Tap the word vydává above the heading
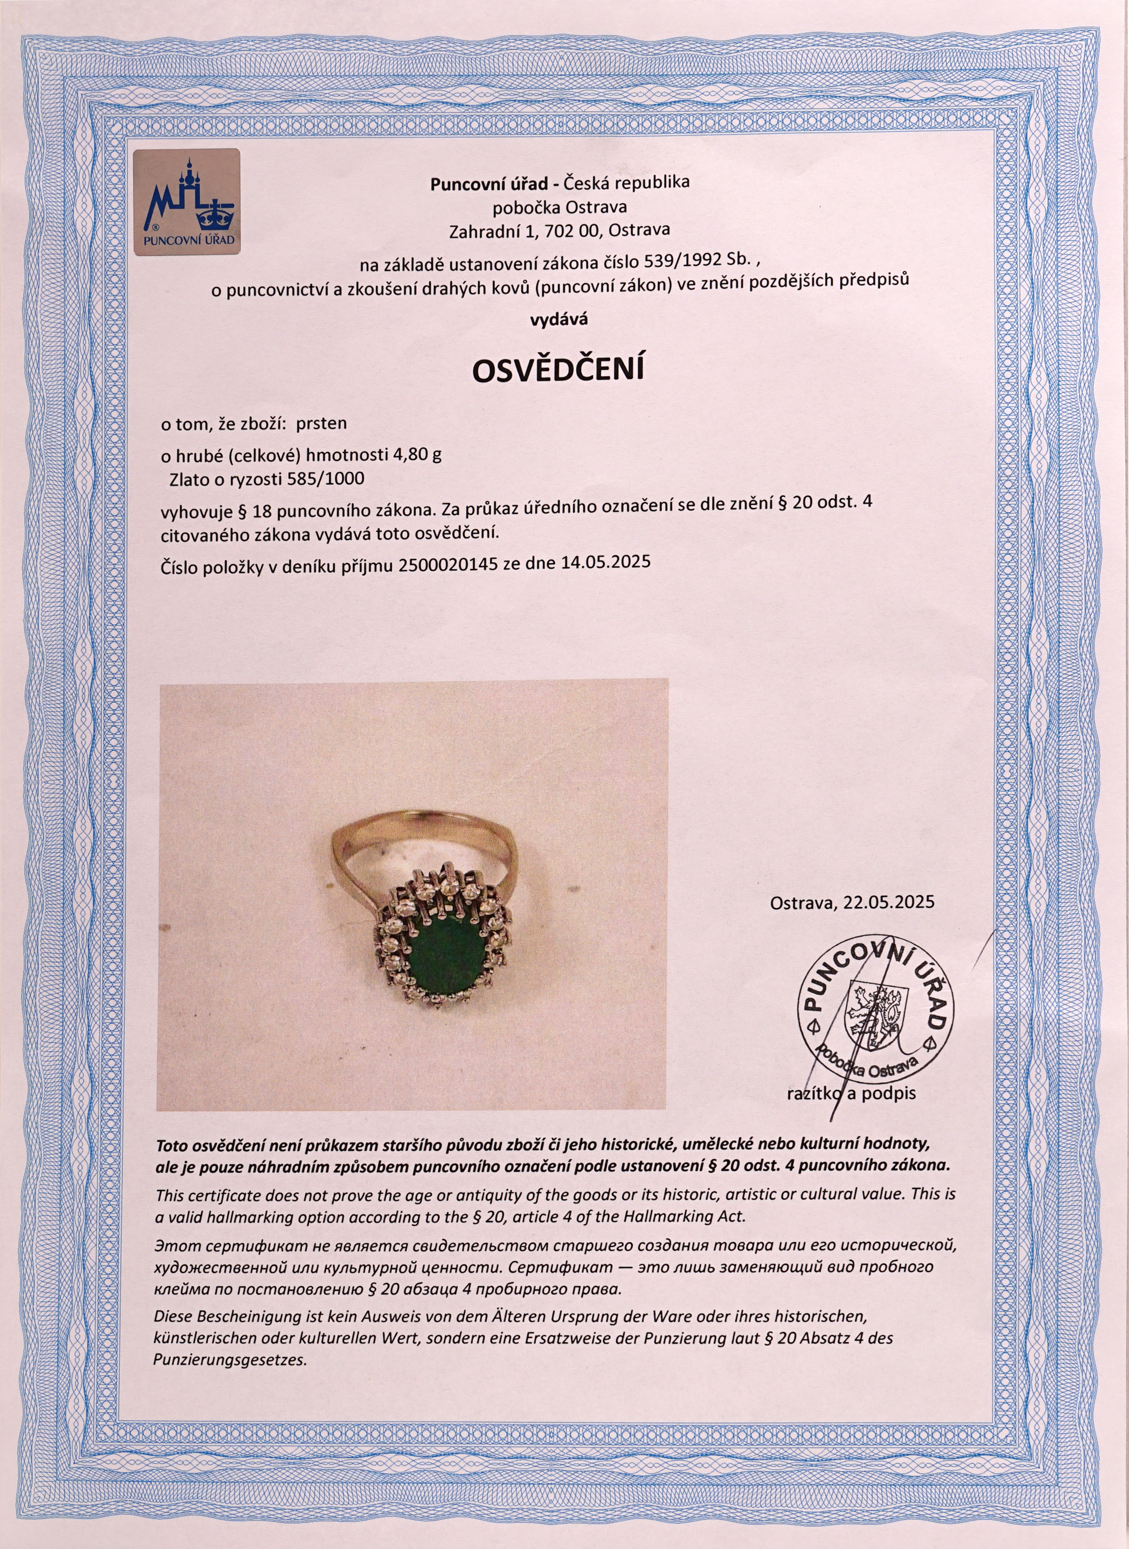point(560,319)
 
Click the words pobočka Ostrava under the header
point(559,207)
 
